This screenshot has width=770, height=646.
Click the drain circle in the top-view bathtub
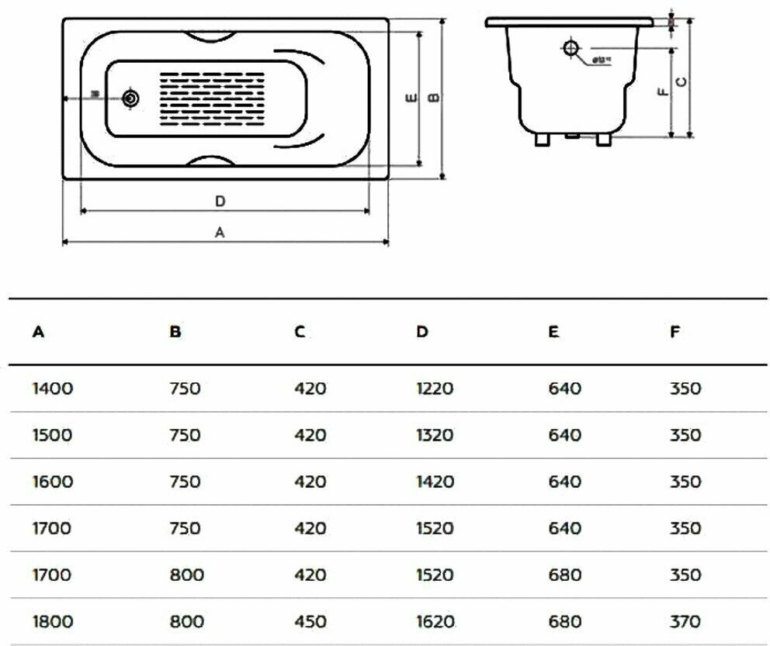point(131,98)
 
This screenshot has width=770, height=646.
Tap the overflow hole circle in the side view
point(571,49)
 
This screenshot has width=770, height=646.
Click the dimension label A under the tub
point(220,232)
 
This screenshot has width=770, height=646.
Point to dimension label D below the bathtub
point(220,201)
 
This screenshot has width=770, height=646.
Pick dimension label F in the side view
point(662,92)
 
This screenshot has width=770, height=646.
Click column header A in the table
point(37,332)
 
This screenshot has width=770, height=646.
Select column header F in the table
point(675,332)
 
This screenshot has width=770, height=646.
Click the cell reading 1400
point(53,388)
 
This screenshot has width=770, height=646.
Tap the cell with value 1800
point(53,620)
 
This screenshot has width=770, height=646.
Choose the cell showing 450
point(310,620)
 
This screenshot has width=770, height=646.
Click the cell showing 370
point(685,620)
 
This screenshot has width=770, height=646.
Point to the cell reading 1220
point(435,388)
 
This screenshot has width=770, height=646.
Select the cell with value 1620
point(435,620)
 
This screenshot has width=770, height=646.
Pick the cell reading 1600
point(53,481)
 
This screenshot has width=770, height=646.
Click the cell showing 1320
point(435,434)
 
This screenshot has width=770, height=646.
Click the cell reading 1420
point(435,481)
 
